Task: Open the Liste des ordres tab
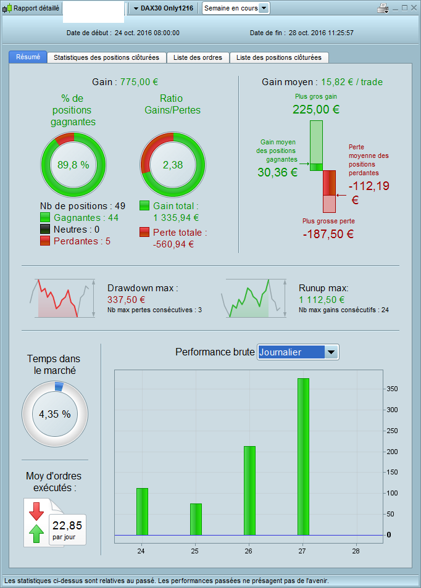(x=198, y=57)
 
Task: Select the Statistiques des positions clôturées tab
(x=106, y=57)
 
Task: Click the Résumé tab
(x=28, y=57)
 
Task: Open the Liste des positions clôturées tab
(x=278, y=57)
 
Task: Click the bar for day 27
(x=303, y=457)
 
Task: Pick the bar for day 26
(x=249, y=491)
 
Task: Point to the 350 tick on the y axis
(x=392, y=389)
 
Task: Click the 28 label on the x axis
(x=356, y=550)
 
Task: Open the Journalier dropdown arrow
(x=331, y=352)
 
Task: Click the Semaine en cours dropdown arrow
(x=264, y=8)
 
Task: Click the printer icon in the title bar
(x=383, y=8)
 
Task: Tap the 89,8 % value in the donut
(x=73, y=165)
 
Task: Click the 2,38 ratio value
(x=173, y=165)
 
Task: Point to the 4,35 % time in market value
(x=54, y=414)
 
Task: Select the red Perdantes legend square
(x=44, y=241)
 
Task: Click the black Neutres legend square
(x=44, y=229)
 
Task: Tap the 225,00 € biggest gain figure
(x=316, y=110)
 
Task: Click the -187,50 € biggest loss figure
(x=328, y=234)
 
